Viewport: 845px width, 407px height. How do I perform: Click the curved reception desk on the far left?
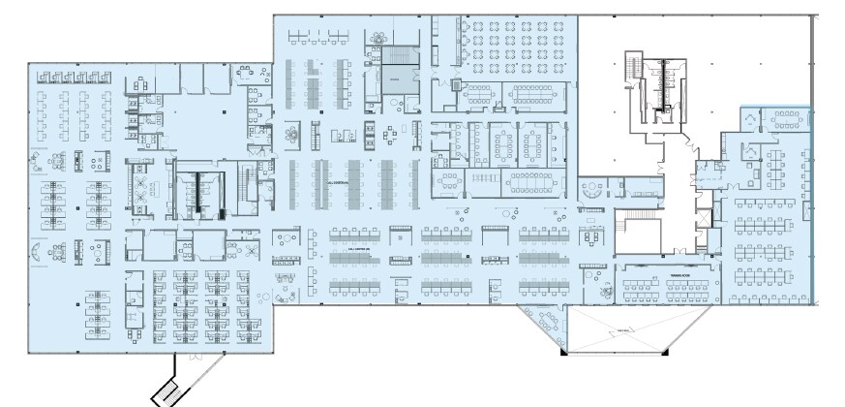[x=36, y=250]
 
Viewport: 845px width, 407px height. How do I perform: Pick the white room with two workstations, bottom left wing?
[x=207, y=246]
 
